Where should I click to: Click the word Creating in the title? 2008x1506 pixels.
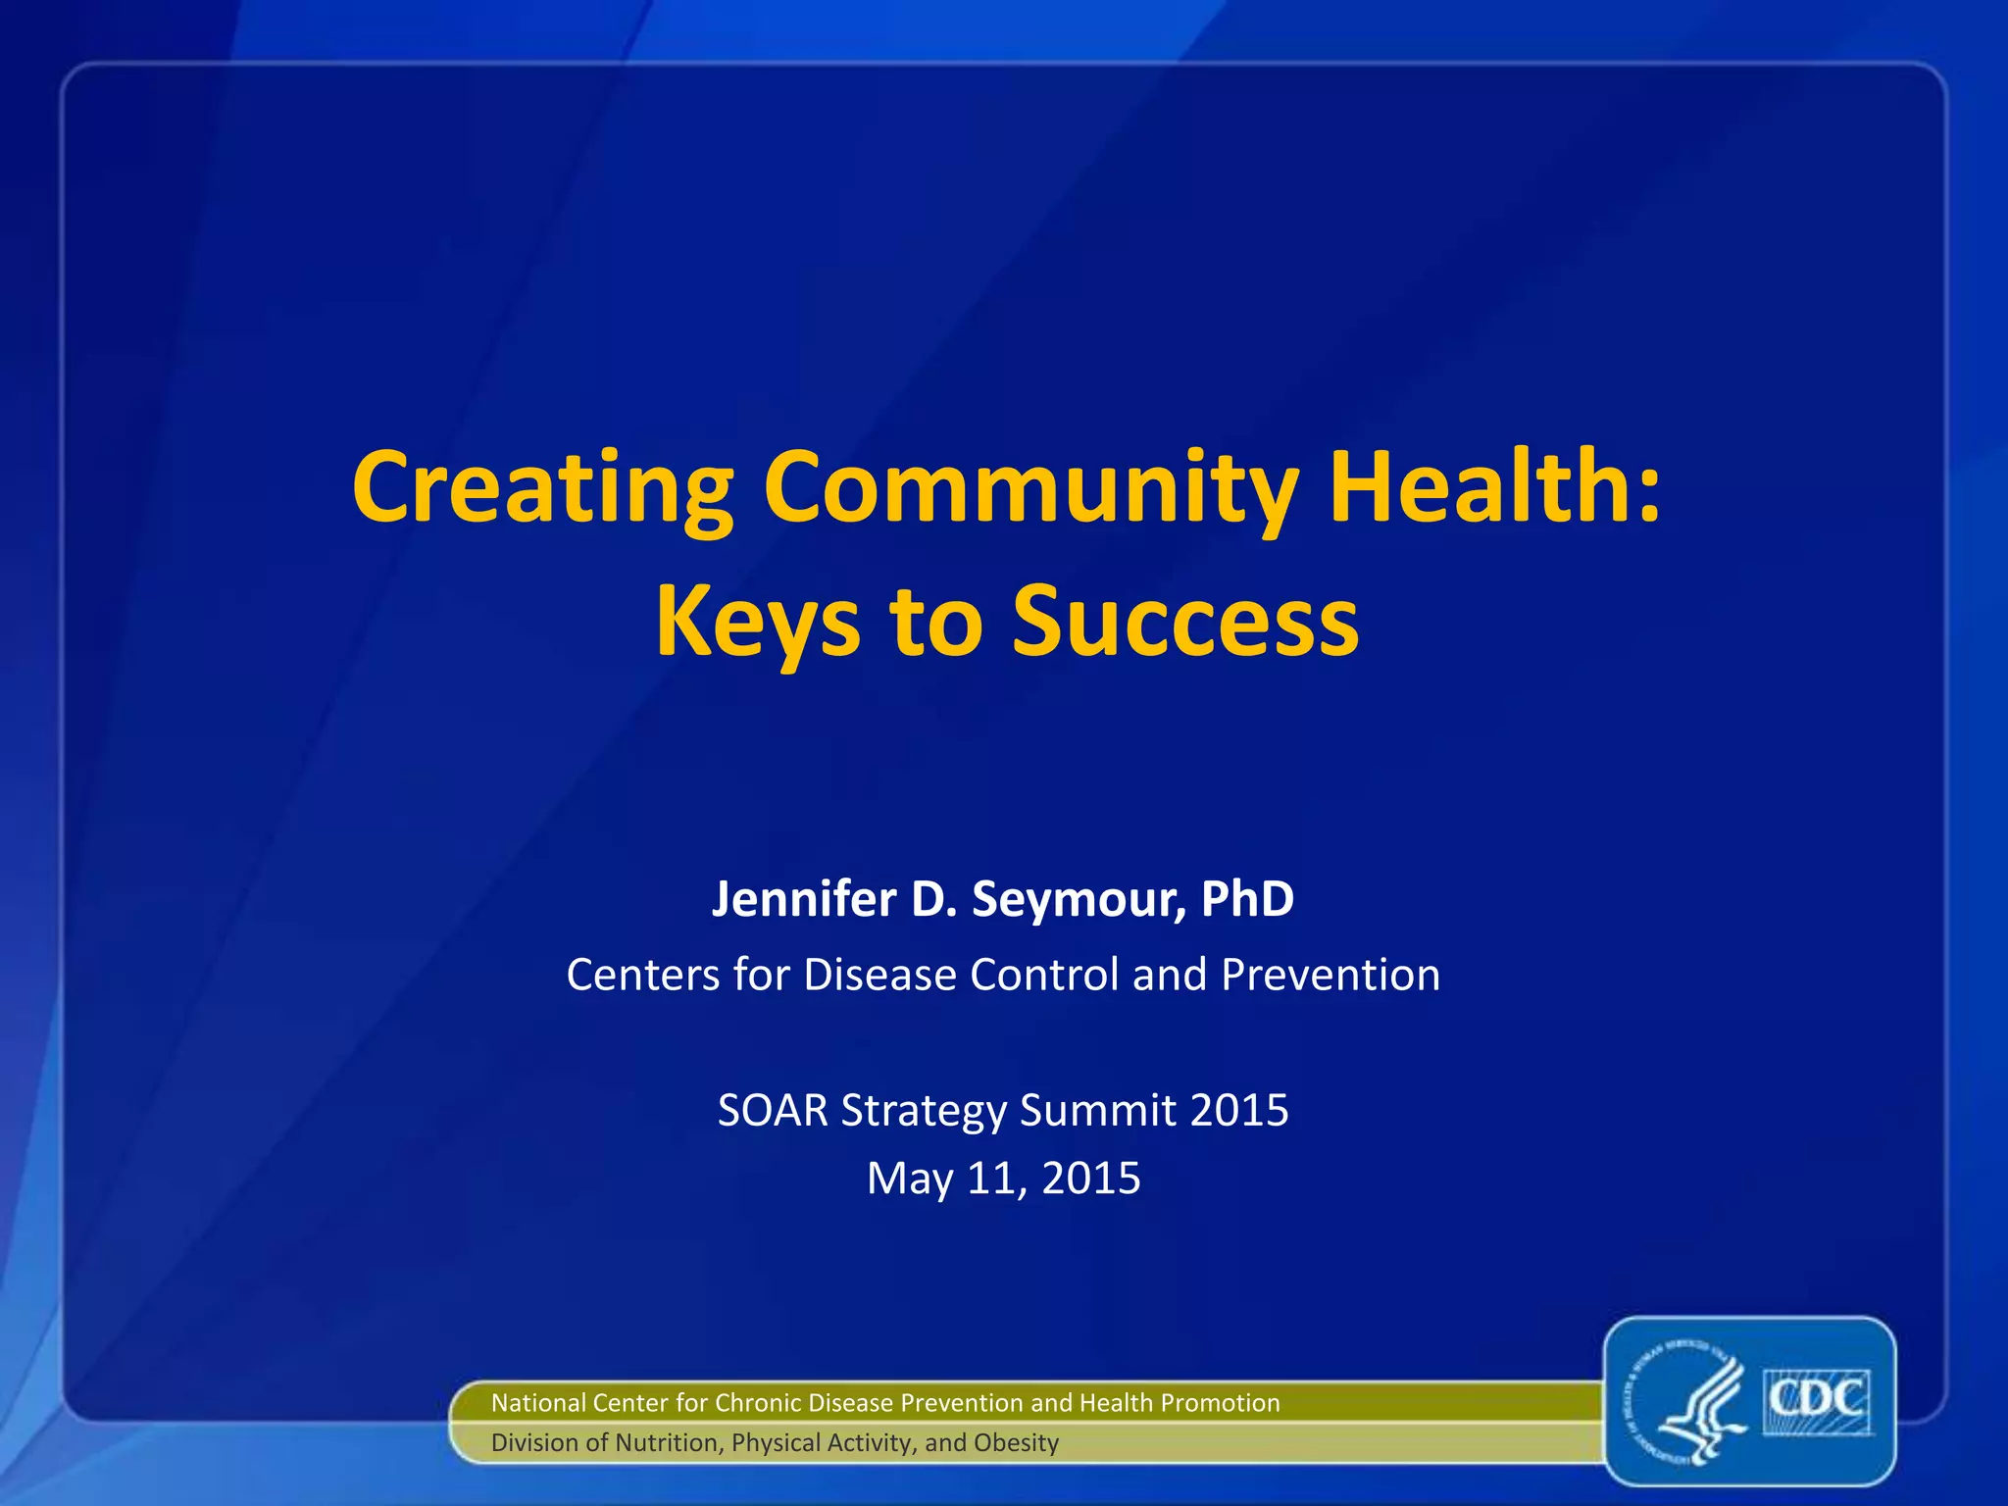543,488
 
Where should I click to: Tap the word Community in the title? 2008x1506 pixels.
1031,488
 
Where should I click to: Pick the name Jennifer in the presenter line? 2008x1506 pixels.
804,898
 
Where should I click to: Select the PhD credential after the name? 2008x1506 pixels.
1247,898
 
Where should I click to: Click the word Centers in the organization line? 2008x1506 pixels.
641,975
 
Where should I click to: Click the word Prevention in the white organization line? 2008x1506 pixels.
1330,975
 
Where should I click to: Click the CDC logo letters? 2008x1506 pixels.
1818,1399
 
